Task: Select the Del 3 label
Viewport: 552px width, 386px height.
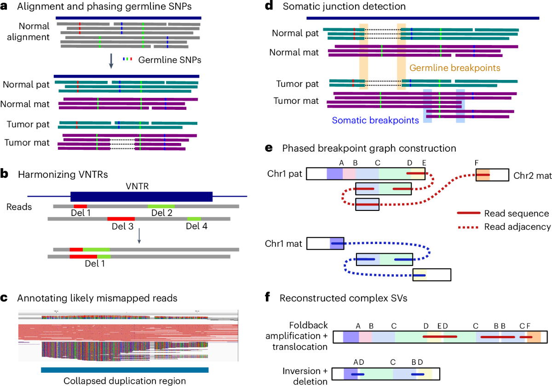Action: (121, 226)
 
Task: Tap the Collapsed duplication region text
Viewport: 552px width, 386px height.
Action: (125, 380)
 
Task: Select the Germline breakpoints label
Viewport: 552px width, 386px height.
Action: (454, 68)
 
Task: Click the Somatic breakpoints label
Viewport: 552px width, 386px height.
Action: (375, 120)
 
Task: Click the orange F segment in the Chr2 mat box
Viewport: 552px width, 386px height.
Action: (483, 175)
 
